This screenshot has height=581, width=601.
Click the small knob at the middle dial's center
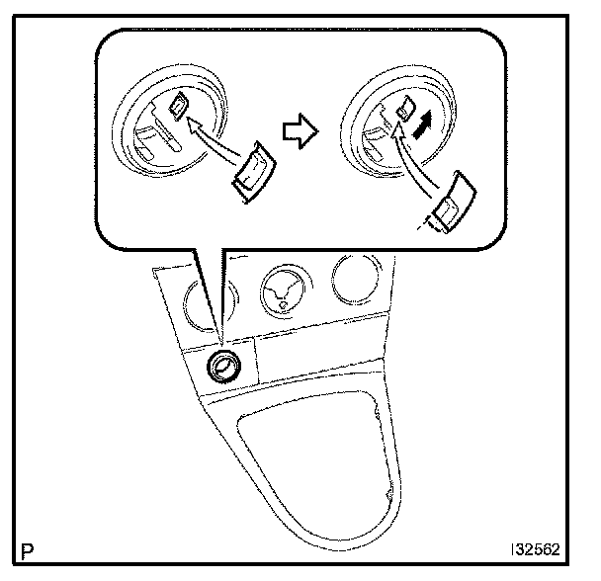pos(283,305)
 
